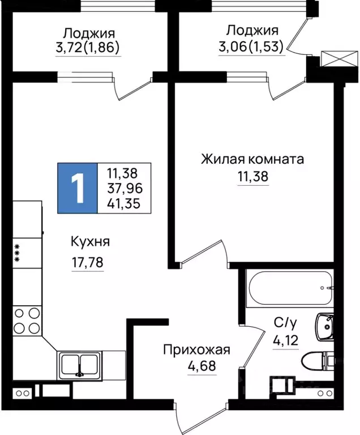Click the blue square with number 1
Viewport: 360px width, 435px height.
[x=77, y=188]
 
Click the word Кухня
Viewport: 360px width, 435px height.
[x=89, y=242]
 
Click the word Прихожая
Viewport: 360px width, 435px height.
[x=196, y=349]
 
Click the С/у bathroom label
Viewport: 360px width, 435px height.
[x=285, y=323]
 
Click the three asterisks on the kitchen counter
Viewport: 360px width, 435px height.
[x=18, y=253]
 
